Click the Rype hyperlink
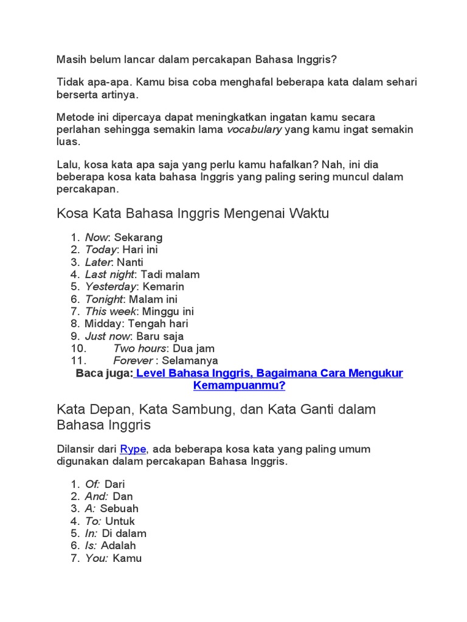point(133,449)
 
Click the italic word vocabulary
point(254,129)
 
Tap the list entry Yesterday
point(110,286)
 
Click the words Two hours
point(140,349)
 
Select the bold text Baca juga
point(103,374)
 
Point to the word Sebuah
point(119,508)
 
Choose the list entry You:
point(97,558)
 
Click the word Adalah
point(118,545)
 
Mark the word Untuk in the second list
point(120,521)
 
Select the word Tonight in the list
point(104,299)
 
